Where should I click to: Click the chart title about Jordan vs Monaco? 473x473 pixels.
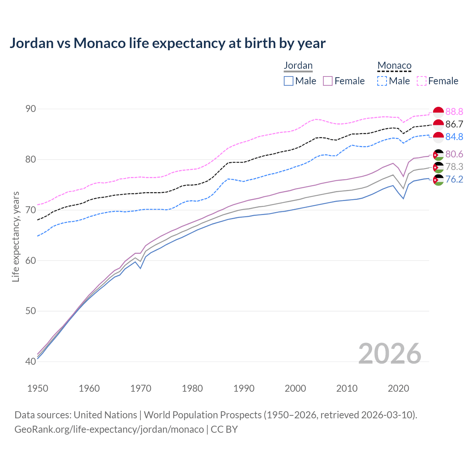point(167,43)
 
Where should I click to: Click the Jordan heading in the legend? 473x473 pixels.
point(298,65)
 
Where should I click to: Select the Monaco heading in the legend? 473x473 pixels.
point(394,66)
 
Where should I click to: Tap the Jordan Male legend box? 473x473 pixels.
point(289,81)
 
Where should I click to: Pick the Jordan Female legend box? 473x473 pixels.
point(328,81)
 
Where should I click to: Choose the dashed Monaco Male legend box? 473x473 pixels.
point(382,81)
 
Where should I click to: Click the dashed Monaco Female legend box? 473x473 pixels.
point(422,81)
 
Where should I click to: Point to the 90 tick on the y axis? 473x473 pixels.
point(31,109)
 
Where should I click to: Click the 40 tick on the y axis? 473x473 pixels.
point(31,361)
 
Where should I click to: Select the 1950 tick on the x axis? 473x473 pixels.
point(38,388)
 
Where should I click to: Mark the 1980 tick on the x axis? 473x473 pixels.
point(192,388)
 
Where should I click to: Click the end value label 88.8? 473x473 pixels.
point(454,112)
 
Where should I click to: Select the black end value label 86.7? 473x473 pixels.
point(454,124)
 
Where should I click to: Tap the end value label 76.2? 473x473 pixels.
point(454,180)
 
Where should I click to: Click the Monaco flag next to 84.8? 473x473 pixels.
point(438,137)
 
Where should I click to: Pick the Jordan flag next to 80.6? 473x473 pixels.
point(438,154)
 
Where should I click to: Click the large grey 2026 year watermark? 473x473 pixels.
point(390,354)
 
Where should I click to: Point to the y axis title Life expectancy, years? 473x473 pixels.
point(16,236)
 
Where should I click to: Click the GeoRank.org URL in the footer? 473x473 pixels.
point(109,429)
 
